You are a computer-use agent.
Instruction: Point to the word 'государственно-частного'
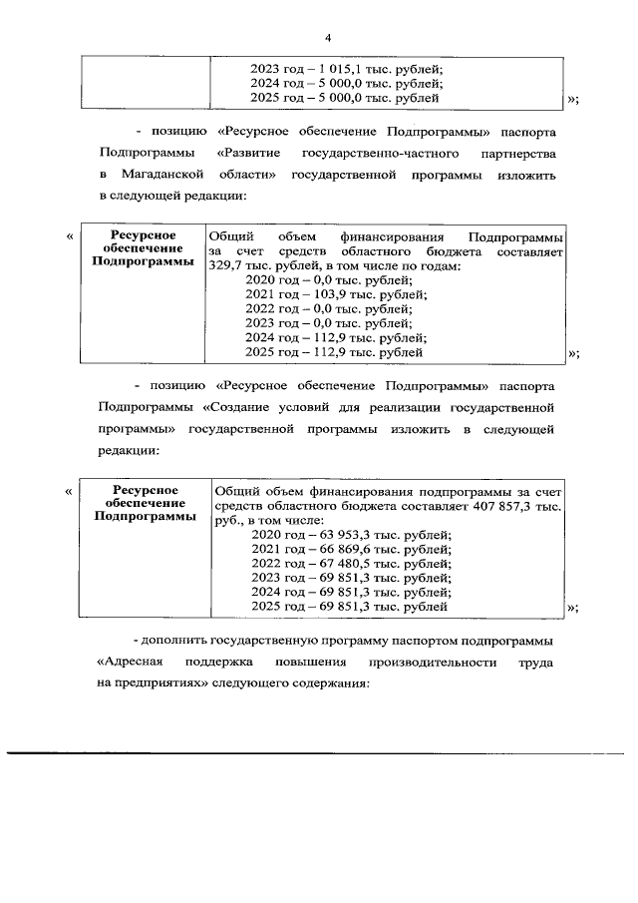point(382,154)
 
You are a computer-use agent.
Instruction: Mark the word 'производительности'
point(430,662)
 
